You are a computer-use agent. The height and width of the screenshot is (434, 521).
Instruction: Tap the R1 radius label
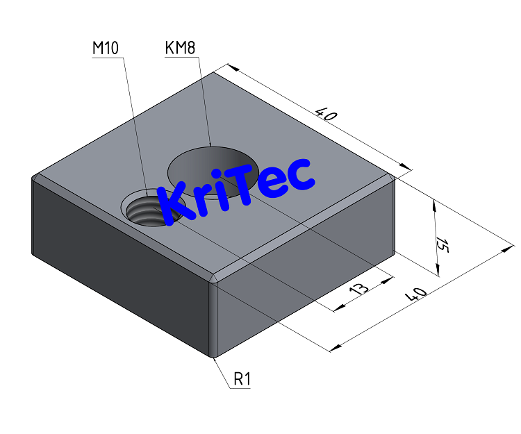(x=242, y=379)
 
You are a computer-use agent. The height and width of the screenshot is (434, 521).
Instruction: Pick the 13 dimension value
(x=358, y=290)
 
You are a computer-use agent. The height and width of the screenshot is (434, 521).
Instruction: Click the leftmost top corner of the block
(x=33, y=178)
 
